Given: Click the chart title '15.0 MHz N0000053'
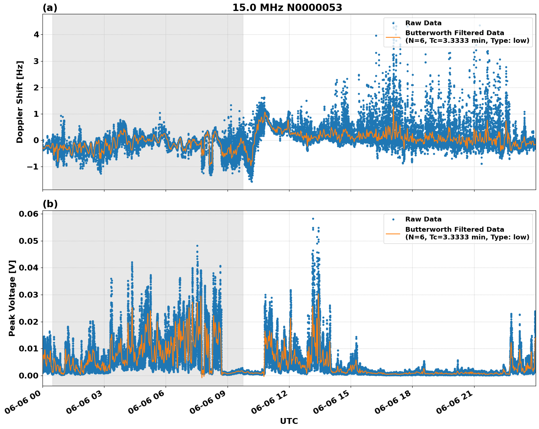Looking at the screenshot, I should pyautogui.click(x=287, y=8).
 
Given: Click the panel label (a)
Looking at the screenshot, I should pyautogui.click(x=50, y=8).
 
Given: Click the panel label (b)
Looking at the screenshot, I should pyautogui.click(x=50, y=204).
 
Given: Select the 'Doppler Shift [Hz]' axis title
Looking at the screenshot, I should pyautogui.click(x=20, y=102).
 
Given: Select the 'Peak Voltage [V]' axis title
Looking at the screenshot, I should pyautogui.click(x=12, y=298).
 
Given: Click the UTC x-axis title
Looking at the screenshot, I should pyautogui.click(x=289, y=421).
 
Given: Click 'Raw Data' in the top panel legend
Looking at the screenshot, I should pyautogui.click(x=423, y=23).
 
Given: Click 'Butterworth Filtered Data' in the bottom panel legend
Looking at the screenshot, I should pyautogui.click(x=454, y=230).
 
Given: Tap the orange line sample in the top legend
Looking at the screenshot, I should pyautogui.click(x=393, y=37).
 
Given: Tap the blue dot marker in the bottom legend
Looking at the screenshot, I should pyautogui.click(x=393, y=220).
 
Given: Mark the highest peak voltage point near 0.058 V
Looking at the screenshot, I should pyautogui.click(x=313, y=219).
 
